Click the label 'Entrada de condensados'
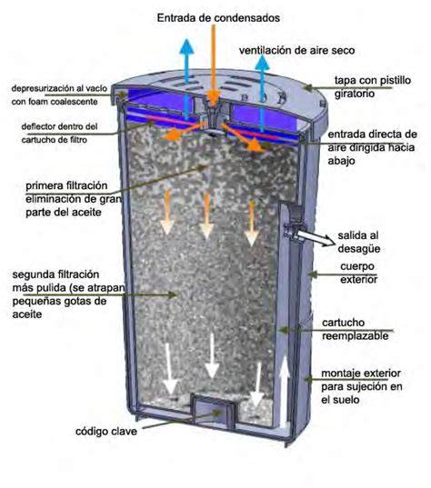pos(218,18)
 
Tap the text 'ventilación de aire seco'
pos(296,50)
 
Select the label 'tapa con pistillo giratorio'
pos(373,87)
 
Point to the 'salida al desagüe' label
pos(358,242)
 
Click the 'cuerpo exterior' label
pos(358,273)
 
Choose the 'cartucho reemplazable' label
pos(355,329)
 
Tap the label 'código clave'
pos(106,431)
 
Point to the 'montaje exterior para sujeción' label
pos(362,386)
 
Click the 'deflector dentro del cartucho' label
pos(59,134)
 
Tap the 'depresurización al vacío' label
pos(59,95)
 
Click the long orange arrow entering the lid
pos(214,65)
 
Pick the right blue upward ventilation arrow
pos(262,94)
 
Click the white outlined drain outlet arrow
pos(316,238)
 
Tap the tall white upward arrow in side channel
pos(285,393)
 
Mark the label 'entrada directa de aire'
pos(372,147)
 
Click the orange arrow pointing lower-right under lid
pos(242,137)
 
